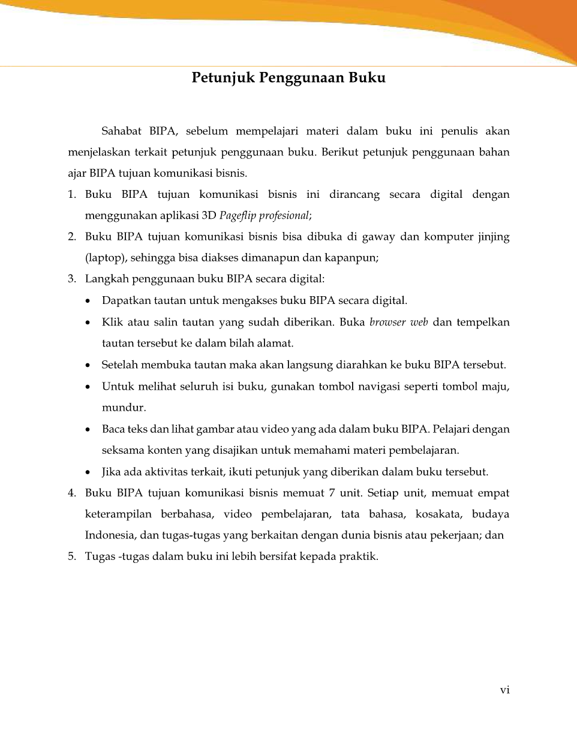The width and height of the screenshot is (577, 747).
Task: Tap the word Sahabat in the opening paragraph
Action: (121, 131)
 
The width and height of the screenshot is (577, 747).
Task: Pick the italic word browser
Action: (387, 323)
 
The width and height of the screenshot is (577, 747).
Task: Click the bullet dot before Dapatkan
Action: (89, 301)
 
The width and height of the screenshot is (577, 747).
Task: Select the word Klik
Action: (112, 323)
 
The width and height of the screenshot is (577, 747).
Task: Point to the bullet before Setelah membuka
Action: (89, 365)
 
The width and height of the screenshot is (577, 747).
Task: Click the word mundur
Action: (123, 408)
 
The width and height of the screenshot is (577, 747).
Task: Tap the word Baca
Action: (113, 429)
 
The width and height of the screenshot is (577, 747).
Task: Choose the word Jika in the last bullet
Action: (112, 472)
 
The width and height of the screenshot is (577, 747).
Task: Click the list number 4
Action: (72, 493)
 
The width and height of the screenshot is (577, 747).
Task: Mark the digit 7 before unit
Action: (332, 493)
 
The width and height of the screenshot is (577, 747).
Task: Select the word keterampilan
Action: (118, 514)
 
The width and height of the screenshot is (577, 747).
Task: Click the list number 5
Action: (72, 556)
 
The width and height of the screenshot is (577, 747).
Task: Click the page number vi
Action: (504, 690)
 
